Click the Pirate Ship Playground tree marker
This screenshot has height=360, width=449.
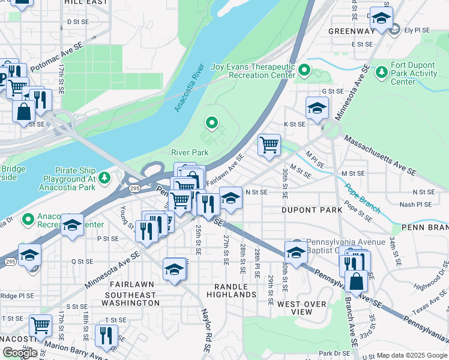coord(105,178)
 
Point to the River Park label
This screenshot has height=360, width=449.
coord(190,152)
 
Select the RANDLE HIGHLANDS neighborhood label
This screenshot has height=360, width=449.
coord(231,290)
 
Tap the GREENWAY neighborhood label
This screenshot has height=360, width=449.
coord(352,31)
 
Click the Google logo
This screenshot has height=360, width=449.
coord(20,352)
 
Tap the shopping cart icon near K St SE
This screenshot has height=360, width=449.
coord(269,145)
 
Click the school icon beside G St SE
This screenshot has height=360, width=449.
coord(317,107)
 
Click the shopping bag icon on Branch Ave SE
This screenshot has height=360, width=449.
coord(356,281)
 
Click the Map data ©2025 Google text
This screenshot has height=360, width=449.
coord(411,355)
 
